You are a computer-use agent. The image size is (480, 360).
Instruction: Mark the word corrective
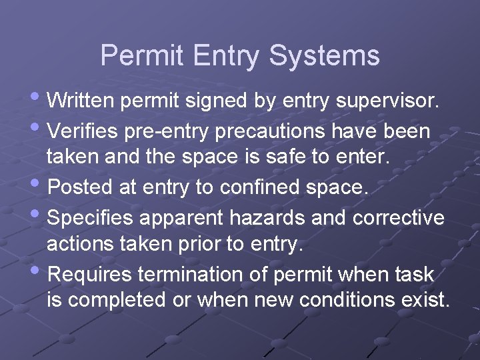[x=399, y=217]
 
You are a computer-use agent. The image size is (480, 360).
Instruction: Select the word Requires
[x=91, y=274]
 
